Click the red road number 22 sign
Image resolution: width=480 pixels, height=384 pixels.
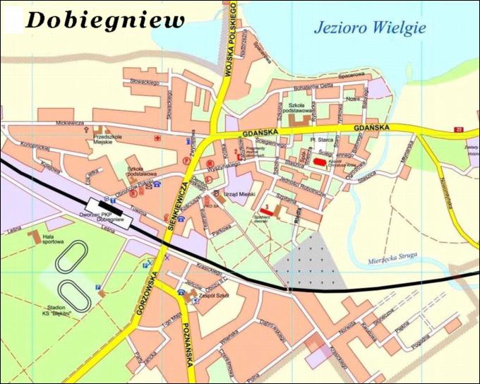click(x=459, y=130)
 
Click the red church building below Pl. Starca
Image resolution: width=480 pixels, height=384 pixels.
click(x=320, y=162)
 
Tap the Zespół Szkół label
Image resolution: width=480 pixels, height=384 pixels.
click(x=209, y=296)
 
